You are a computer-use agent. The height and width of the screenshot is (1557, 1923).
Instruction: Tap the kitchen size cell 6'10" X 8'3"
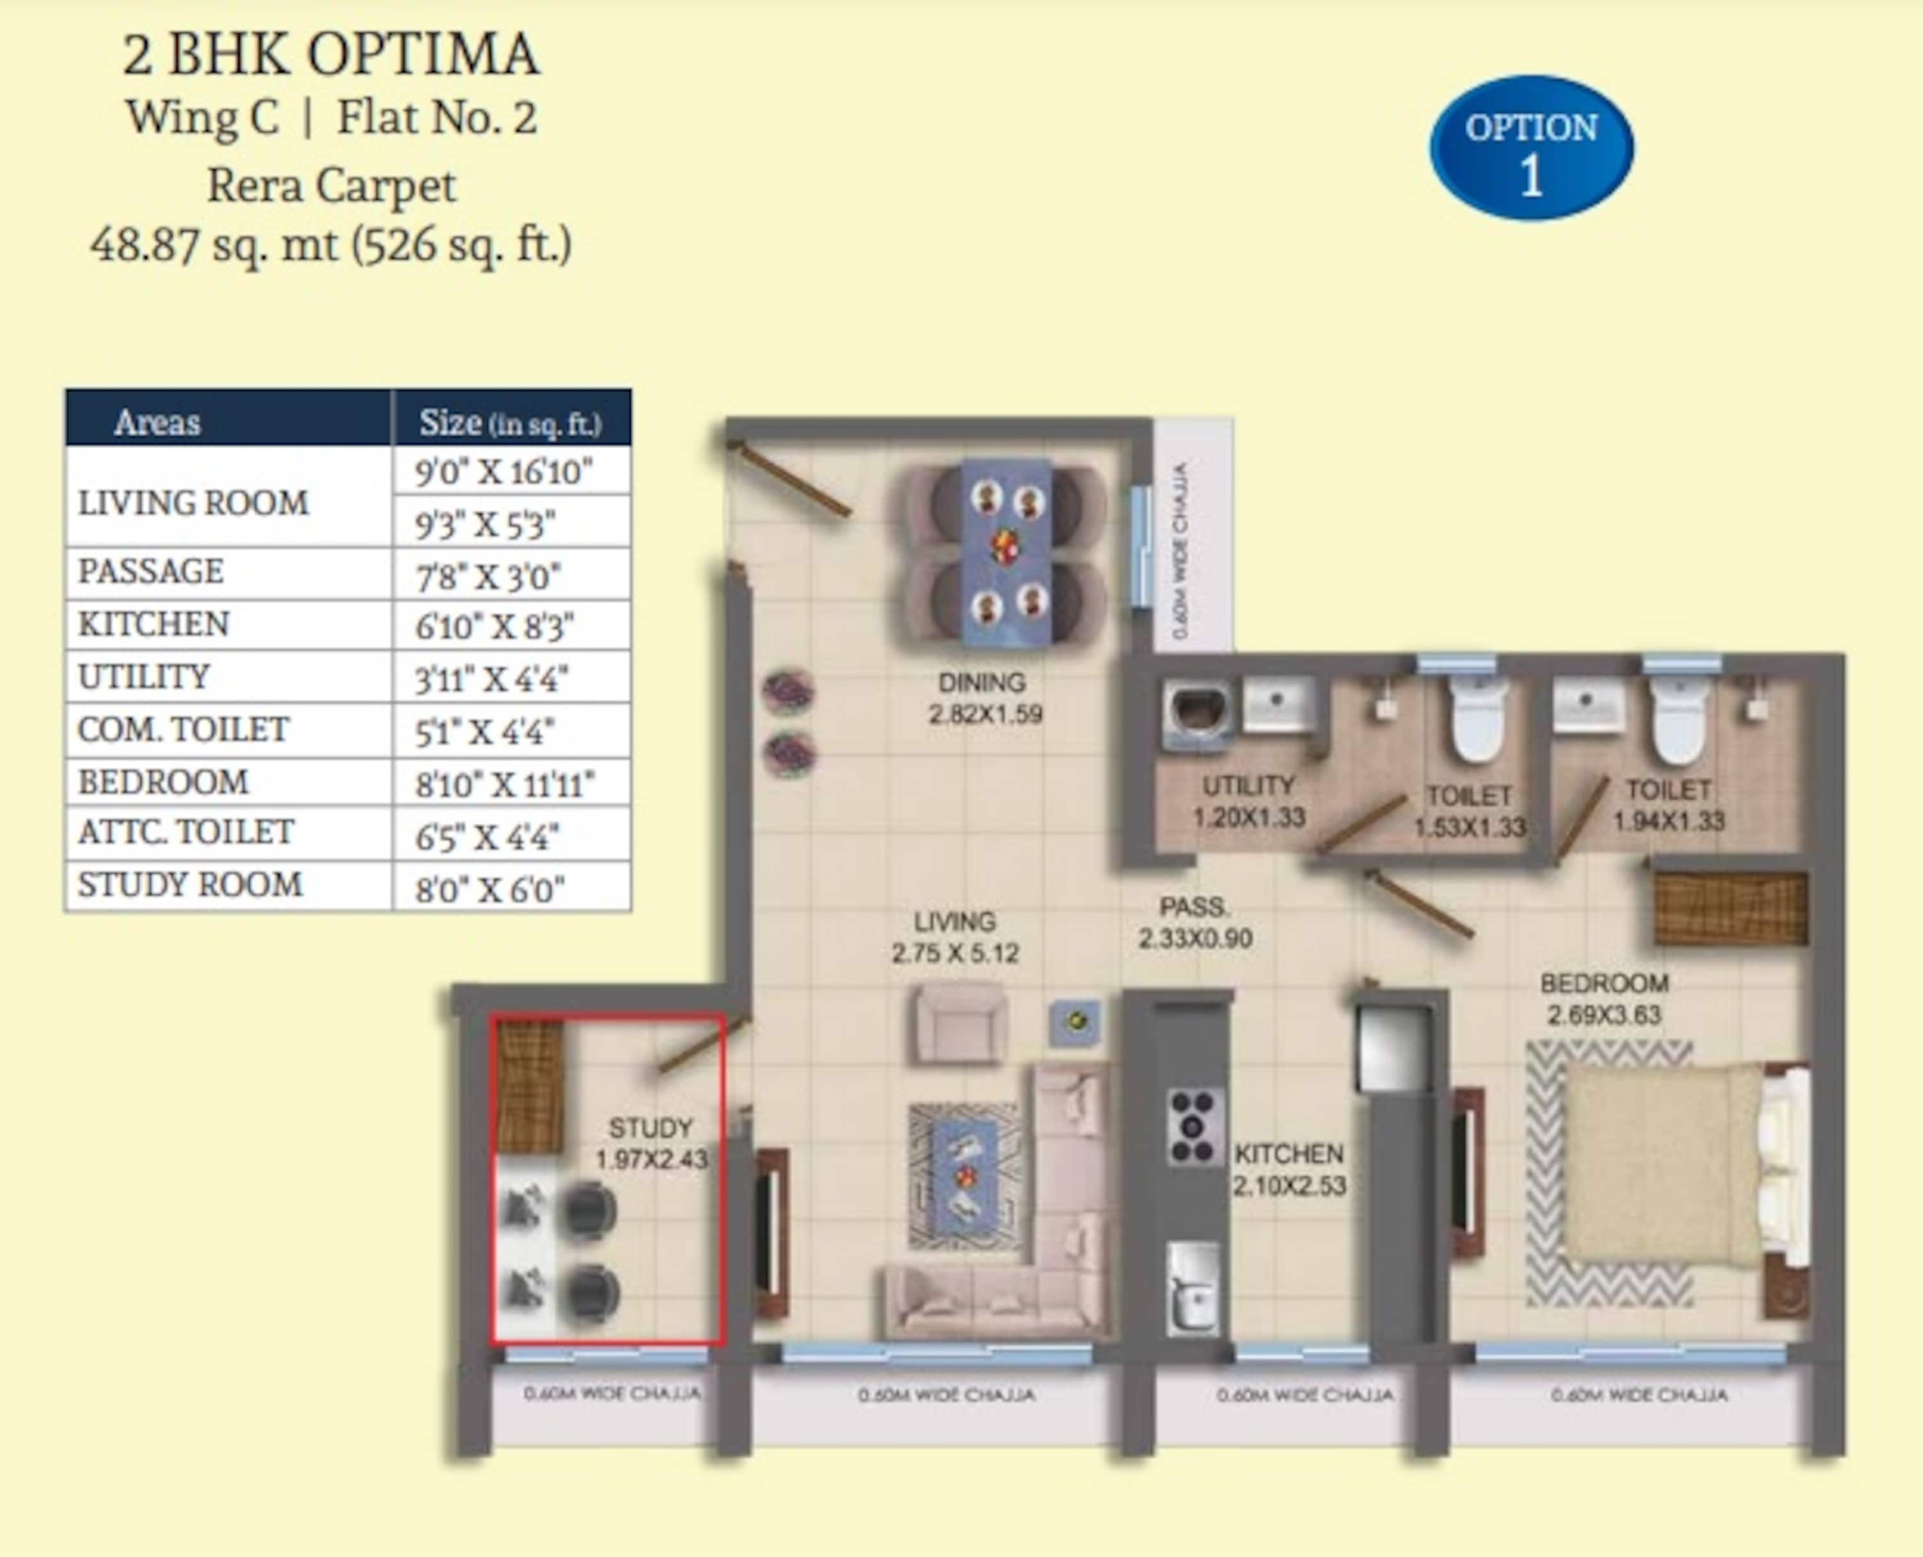pos(512,625)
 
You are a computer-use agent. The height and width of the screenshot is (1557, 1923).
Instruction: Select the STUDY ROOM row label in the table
pos(190,885)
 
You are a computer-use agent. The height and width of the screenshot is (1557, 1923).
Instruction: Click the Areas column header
pos(157,422)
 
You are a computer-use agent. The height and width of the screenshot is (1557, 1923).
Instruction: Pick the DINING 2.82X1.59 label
pos(984,698)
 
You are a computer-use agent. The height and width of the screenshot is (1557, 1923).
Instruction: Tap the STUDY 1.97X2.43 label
pos(652,1143)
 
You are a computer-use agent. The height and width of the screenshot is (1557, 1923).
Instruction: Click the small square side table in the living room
pos(1076,1022)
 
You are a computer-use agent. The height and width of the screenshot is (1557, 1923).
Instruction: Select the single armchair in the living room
pos(956,1023)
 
